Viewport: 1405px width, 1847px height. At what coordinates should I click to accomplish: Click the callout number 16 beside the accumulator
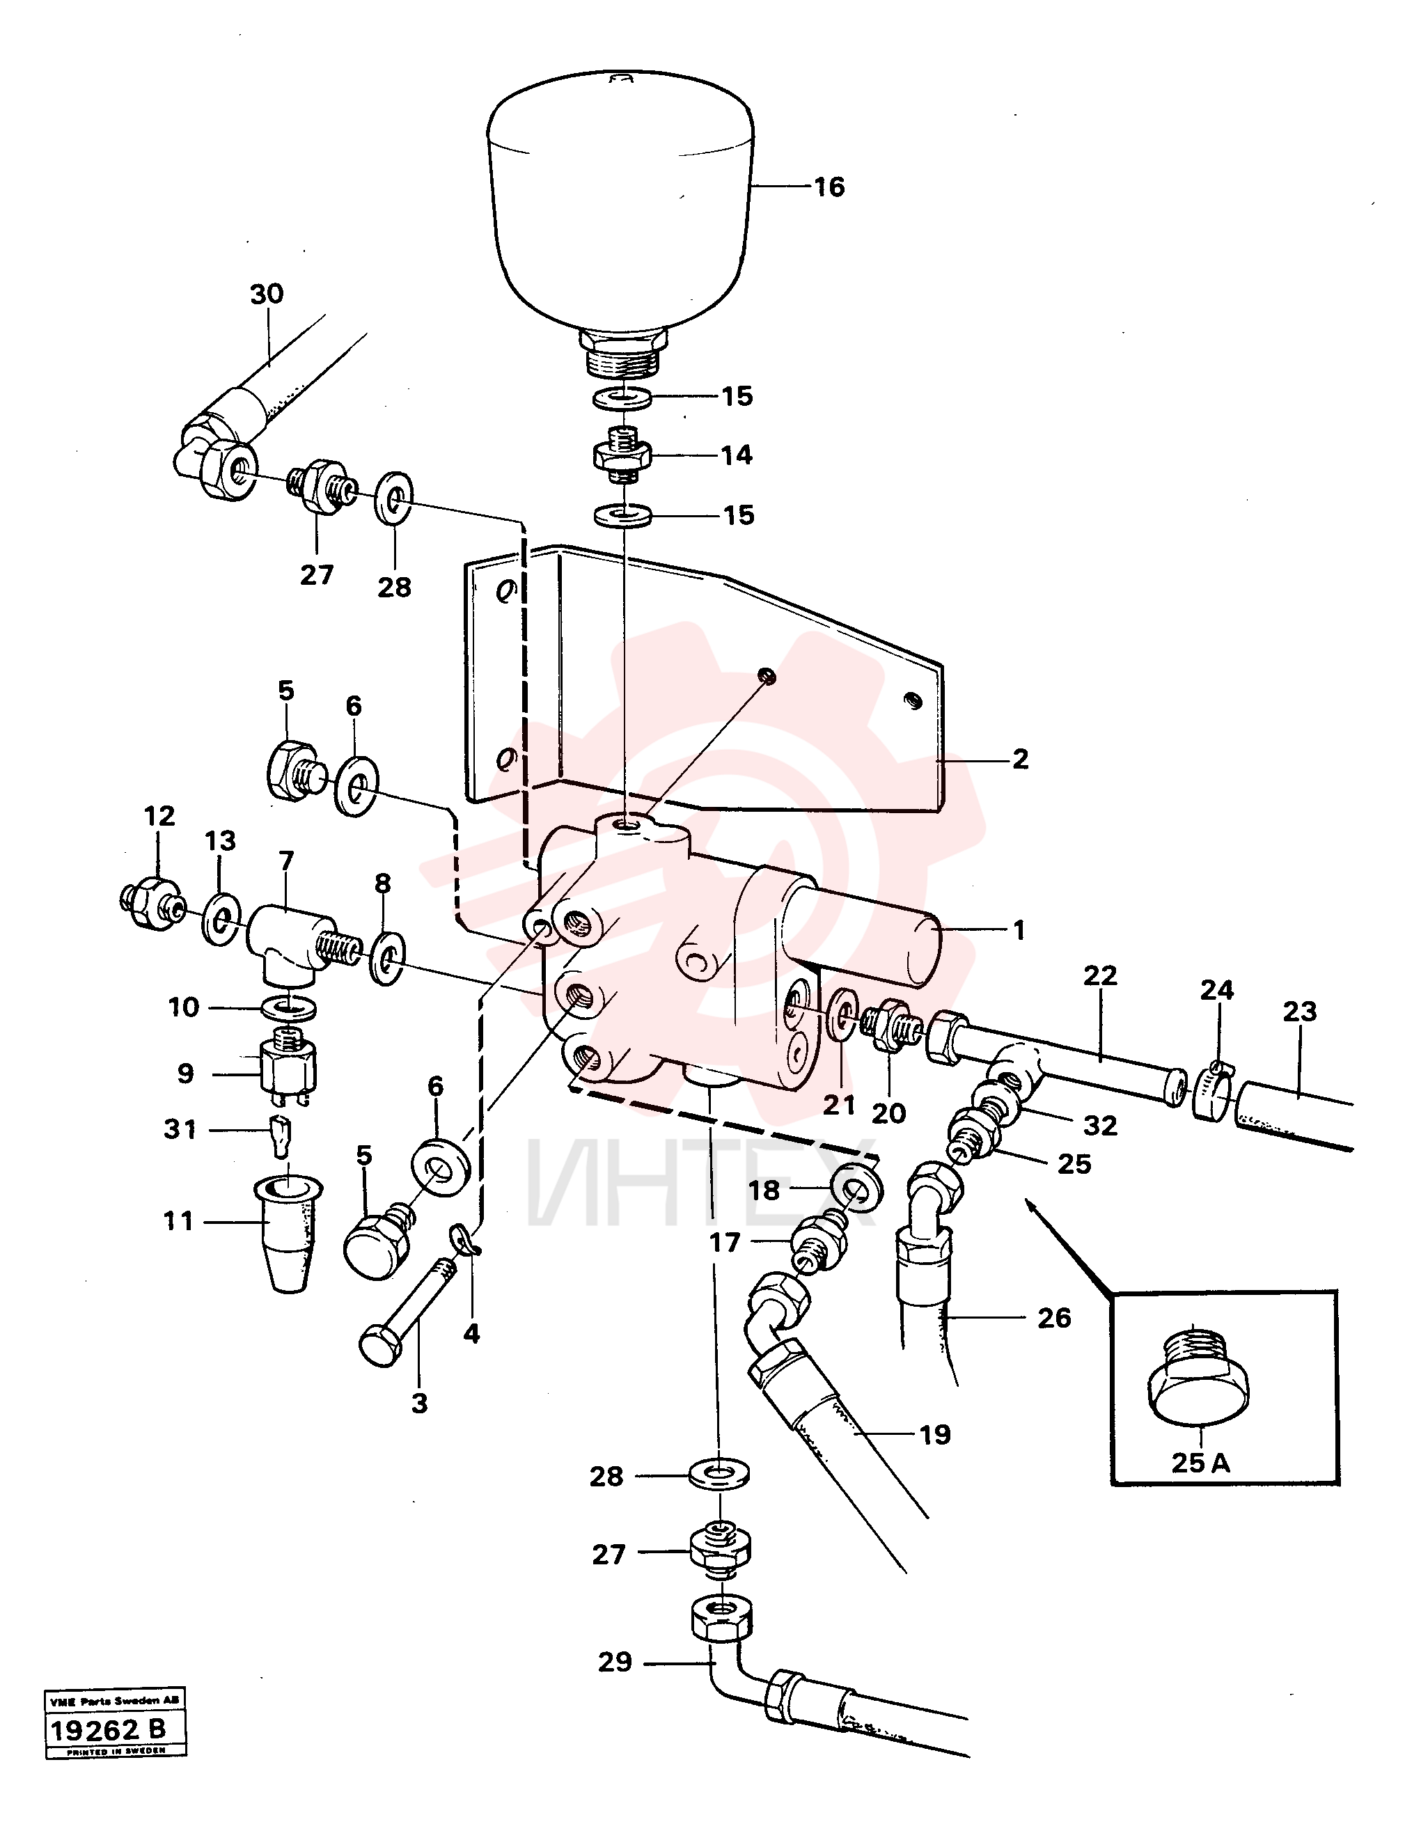[830, 187]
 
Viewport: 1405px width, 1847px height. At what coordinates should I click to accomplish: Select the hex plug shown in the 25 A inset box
[1198, 1373]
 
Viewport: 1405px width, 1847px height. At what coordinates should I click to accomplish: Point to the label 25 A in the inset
[1201, 1463]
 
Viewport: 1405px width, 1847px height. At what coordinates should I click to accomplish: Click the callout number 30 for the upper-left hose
[267, 294]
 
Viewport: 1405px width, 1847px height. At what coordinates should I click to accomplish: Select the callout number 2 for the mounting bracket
[1020, 760]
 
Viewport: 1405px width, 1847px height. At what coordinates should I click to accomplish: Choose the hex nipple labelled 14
[622, 456]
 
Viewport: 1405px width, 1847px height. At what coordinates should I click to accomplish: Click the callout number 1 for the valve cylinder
[1019, 930]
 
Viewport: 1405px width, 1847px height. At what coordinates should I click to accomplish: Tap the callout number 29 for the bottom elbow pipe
[615, 1663]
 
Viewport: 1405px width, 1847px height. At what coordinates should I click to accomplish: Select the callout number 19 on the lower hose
[935, 1435]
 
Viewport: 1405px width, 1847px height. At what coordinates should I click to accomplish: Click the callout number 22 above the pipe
[1100, 975]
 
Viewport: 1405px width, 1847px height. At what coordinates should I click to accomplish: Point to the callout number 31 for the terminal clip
[180, 1130]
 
